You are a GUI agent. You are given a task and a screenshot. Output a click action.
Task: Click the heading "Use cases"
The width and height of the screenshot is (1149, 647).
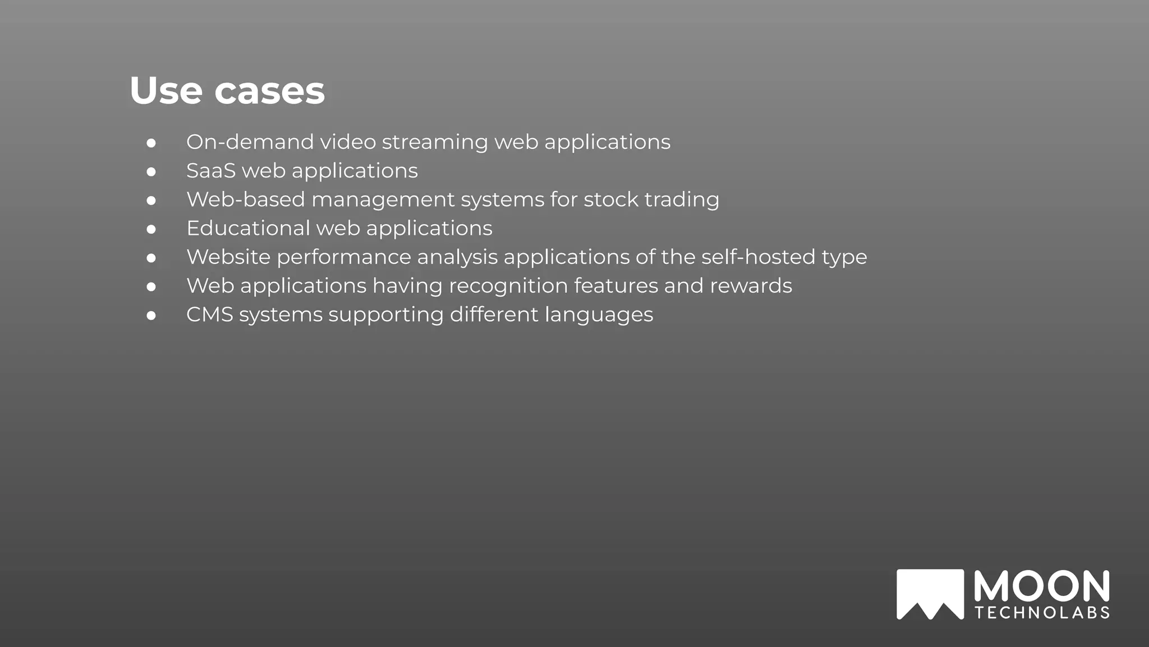point(227,90)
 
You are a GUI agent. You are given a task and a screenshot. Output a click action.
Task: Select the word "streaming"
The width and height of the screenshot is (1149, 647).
point(435,143)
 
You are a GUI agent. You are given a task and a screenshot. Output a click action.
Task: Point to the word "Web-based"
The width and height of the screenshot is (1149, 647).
point(246,199)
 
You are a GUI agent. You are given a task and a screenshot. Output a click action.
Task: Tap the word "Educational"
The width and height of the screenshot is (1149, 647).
point(248,228)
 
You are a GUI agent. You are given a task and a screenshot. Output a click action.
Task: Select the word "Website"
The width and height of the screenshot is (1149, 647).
point(228,257)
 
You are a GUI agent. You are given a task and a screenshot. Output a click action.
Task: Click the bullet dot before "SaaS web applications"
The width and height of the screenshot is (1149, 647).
point(151,171)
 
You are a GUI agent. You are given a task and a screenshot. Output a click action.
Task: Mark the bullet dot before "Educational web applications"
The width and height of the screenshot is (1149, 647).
point(151,229)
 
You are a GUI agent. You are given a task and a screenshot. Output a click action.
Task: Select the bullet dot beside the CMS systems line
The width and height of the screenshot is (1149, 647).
point(151,316)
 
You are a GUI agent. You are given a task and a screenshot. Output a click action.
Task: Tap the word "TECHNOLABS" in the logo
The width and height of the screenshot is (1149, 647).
point(1042,612)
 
